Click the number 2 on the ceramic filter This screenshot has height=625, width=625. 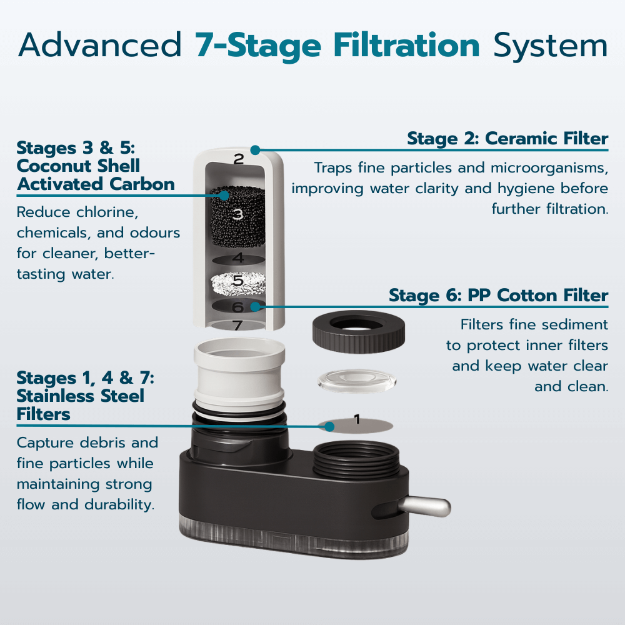(238, 159)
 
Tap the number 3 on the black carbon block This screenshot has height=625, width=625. (237, 215)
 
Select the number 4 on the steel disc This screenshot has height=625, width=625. (237, 257)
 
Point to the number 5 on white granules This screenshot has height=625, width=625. (237, 281)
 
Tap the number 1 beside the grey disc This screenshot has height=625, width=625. (357, 419)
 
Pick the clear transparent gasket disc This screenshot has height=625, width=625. (357, 381)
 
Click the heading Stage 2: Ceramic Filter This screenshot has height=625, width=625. (507, 138)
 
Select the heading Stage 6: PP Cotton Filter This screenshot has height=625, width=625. (498, 295)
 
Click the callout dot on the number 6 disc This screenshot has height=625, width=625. (255, 306)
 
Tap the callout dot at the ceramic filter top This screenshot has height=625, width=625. (255, 150)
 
